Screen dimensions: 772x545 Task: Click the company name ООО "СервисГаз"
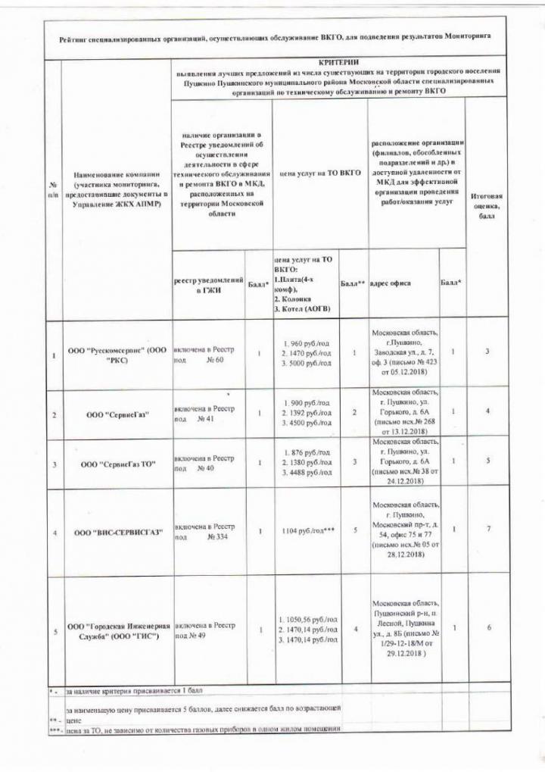[115, 414]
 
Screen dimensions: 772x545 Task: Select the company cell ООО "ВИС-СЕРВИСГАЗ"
[115, 532]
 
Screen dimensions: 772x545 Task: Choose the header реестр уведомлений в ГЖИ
[208, 285]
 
